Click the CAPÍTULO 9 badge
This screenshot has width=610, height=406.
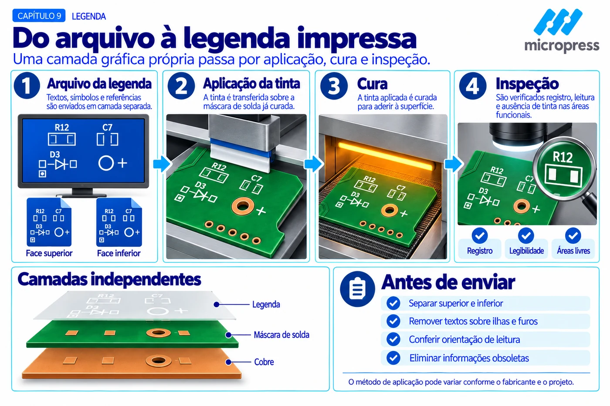(39, 16)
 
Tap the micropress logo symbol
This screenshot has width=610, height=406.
(558, 22)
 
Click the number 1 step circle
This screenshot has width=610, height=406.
(27, 85)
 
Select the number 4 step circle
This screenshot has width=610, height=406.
(472, 86)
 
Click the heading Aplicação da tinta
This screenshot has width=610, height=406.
(251, 83)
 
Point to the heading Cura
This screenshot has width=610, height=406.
(372, 84)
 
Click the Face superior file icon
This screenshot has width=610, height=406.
(49, 222)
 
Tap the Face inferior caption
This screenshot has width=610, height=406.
(119, 253)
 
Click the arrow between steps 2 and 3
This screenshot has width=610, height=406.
(314, 164)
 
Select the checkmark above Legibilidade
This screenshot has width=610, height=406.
(526, 235)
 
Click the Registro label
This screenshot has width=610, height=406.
(480, 251)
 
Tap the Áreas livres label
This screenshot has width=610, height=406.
(573, 251)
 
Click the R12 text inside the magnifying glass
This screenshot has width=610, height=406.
(563, 157)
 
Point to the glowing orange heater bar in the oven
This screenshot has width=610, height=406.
(385, 156)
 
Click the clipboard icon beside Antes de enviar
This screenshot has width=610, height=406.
(357, 289)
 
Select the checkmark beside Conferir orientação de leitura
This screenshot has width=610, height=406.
(393, 339)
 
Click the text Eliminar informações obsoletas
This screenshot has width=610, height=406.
(469, 358)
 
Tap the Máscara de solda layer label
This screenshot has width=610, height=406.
(281, 335)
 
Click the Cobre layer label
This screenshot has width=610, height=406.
(264, 362)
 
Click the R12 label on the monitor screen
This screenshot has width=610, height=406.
(62, 128)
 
